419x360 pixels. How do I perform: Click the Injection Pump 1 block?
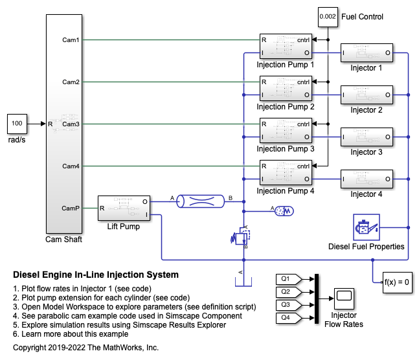point(286,46)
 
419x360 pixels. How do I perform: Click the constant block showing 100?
point(17,123)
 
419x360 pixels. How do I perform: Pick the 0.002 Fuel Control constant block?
point(329,17)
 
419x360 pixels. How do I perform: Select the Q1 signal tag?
point(286,279)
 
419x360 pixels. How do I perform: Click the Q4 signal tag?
point(286,318)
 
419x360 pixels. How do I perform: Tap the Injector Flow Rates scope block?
point(344,298)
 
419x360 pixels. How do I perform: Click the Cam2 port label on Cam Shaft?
point(71,82)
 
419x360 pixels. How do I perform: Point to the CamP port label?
point(70,208)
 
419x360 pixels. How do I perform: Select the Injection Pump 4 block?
point(286,172)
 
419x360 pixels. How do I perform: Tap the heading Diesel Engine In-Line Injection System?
point(96,275)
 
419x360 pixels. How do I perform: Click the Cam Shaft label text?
point(63,240)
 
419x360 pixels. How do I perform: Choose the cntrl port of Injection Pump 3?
point(303,124)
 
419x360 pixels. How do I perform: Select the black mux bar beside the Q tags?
point(317,298)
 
